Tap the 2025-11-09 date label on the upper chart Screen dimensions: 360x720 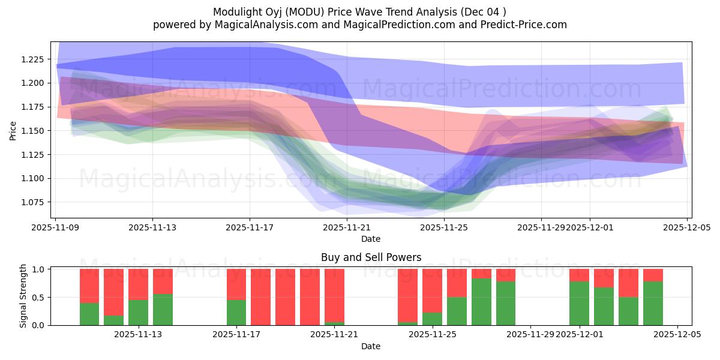tap(55, 228)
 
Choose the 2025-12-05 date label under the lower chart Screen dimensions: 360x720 tap(677, 335)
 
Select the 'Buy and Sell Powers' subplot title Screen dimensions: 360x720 tap(371, 257)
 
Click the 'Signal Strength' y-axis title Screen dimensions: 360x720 tap(23, 296)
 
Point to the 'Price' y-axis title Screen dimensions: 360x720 tap(13, 130)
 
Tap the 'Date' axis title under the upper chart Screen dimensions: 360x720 tap(371, 239)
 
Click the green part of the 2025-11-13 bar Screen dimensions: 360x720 tap(139, 312)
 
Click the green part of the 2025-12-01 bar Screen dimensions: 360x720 tap(579, 303)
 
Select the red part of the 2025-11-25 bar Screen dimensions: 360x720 tap(432, 290)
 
